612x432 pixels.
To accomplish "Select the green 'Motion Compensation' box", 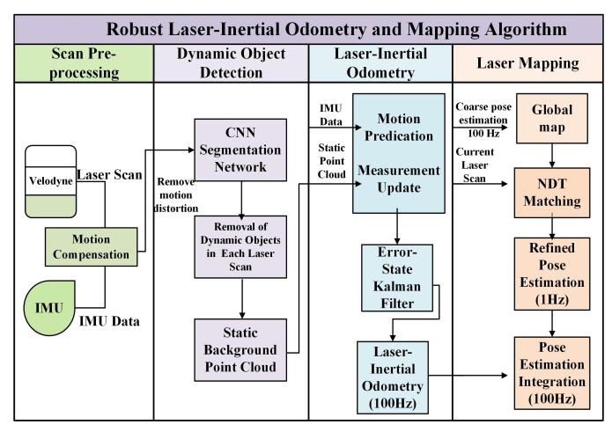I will click(92, 245).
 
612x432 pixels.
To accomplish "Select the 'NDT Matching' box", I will click(551, 193).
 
